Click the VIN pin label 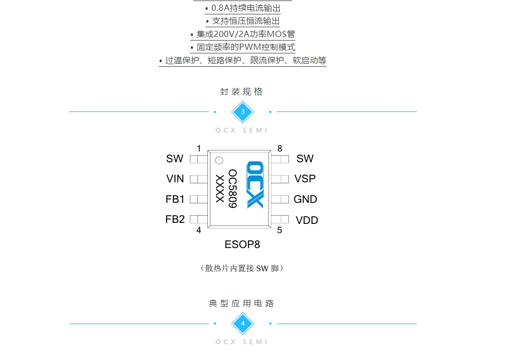tap(175, 179)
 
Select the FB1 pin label tap(175, 199)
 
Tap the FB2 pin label tap(175, 219)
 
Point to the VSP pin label tap(305, 179)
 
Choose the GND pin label tap(305, 199)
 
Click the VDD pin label tap(307, 220)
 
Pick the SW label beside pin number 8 tap(305, 159)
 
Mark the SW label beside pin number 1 tap(174, 159)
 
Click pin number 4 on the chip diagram tap(199, 230)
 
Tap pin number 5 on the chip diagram tap(280, 230)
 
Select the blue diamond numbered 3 tap(243, 112)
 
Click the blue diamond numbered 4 tap(243, 324)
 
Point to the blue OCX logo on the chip tap(255, 185)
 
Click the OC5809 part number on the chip tap(232, 188)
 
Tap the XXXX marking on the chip tap(220, 188)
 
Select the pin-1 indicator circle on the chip tap(219, 160)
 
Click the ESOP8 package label tap(242, 244)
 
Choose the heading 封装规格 tap(241, 92)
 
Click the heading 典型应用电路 tap(241, 304)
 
